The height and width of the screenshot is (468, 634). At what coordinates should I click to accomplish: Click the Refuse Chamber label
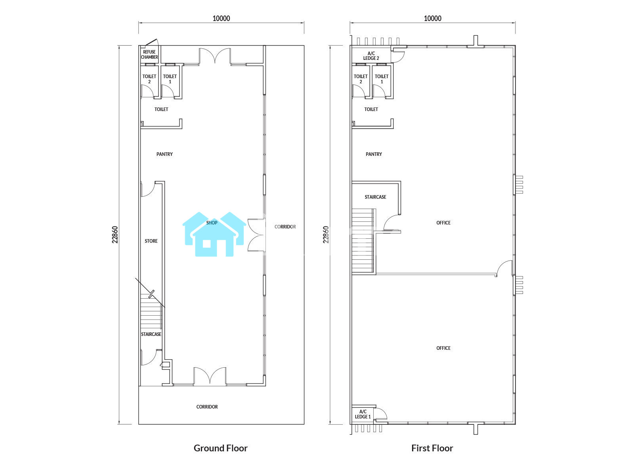[x=149, y=55]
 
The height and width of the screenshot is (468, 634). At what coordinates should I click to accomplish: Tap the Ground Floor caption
[x=220, y=448]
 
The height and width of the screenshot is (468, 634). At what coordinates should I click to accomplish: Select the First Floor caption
[x=432, y=448]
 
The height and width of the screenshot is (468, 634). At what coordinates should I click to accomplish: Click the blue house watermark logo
[x=214, y=234]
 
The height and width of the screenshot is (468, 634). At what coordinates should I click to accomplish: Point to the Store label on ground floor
[x=151, y=241]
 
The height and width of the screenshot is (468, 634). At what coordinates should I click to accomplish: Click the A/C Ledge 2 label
[x=371, y=56]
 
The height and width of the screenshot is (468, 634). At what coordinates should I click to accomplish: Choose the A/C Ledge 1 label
[x=363, y=414]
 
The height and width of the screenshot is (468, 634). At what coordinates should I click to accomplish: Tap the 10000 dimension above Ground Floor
[x=222, y=18]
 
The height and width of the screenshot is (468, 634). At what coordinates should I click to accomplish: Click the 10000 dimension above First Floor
[x=432, y=18]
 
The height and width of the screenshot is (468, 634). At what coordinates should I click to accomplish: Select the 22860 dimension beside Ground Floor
[x=115, y=234]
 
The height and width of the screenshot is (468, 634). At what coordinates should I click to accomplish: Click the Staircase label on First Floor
[x=375, y=197]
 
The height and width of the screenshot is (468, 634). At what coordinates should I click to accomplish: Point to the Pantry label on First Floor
[x=374, y=154]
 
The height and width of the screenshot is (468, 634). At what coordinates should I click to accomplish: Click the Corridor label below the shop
[x=207, y=407]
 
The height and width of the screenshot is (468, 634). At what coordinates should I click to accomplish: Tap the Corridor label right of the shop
[x=285, y=227]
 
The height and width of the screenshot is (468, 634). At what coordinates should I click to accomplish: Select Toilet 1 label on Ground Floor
[x=170, y=79]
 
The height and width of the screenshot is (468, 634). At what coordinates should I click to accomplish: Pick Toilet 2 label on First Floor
[x=361, y=79]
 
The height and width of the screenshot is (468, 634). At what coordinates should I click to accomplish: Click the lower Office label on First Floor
[x=443, y=348]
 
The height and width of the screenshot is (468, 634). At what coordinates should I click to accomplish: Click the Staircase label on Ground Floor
[x=151, y=335]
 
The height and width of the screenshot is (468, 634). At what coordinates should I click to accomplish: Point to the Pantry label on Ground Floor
[x=164, y=154]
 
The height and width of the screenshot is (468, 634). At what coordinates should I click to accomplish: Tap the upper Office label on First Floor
[x=443, y=223]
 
